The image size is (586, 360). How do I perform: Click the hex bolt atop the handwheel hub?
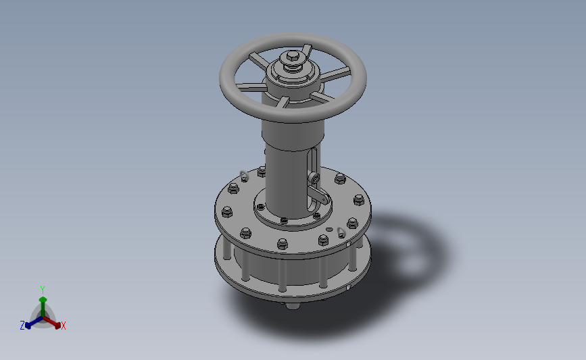click(x=292, y=58)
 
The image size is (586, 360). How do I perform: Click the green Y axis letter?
click(x=43, y=289)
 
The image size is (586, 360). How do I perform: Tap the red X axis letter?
click(x=64, y=326)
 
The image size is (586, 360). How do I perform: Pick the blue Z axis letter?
click(x=22, y=326)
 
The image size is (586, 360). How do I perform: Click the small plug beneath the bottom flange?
click(x=292, y=306)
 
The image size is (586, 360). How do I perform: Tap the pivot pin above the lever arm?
click(x=316, y=178)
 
